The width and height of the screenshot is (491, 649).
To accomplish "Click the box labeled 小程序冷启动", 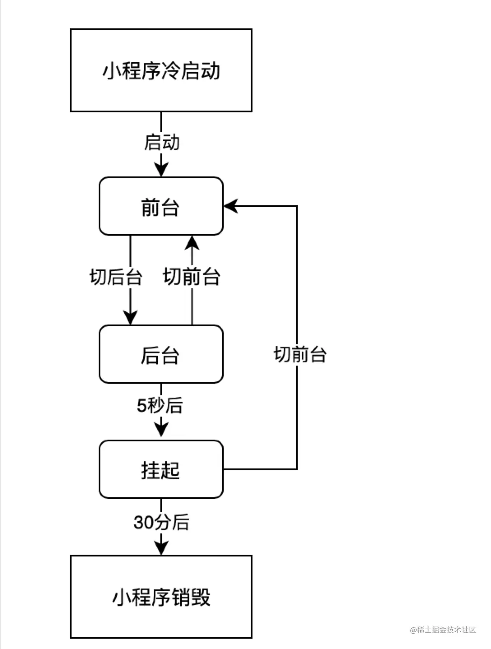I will tap(161, 70).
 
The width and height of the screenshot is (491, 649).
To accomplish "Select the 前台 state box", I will tap(161, 206).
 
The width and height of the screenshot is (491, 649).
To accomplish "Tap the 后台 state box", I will tap(161, 354).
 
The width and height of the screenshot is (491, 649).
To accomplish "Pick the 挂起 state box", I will tap(161, 469).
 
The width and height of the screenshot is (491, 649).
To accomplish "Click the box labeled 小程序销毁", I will tap(161, 597).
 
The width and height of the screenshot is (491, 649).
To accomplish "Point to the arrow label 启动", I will tap(162, 142).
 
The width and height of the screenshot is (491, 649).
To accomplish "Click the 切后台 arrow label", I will tap(116, 277).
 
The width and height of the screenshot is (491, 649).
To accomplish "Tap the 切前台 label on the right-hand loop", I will tap(300, 354).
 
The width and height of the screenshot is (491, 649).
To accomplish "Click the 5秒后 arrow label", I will tap(160, 406).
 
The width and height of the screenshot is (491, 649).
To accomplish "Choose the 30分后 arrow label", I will tap(161, 522).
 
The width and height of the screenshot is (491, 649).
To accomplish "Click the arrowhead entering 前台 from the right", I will tap(230, 206).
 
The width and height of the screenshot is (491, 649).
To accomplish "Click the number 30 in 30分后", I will tap(144, 523).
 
